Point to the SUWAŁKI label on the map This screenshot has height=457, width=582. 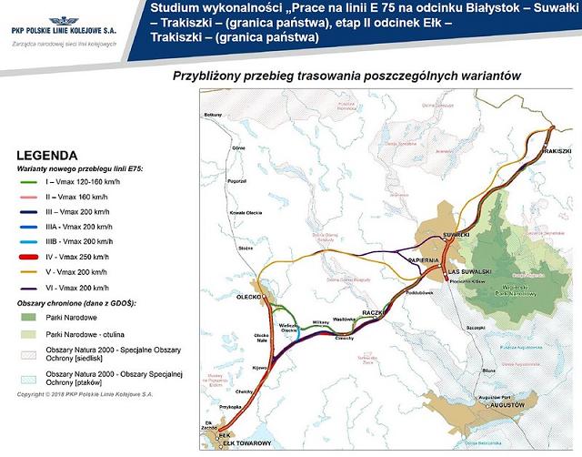(x=455, y=235)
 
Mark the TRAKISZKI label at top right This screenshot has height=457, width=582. (x=556, y=150)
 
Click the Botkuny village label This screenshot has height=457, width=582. (x=214, y=116)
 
